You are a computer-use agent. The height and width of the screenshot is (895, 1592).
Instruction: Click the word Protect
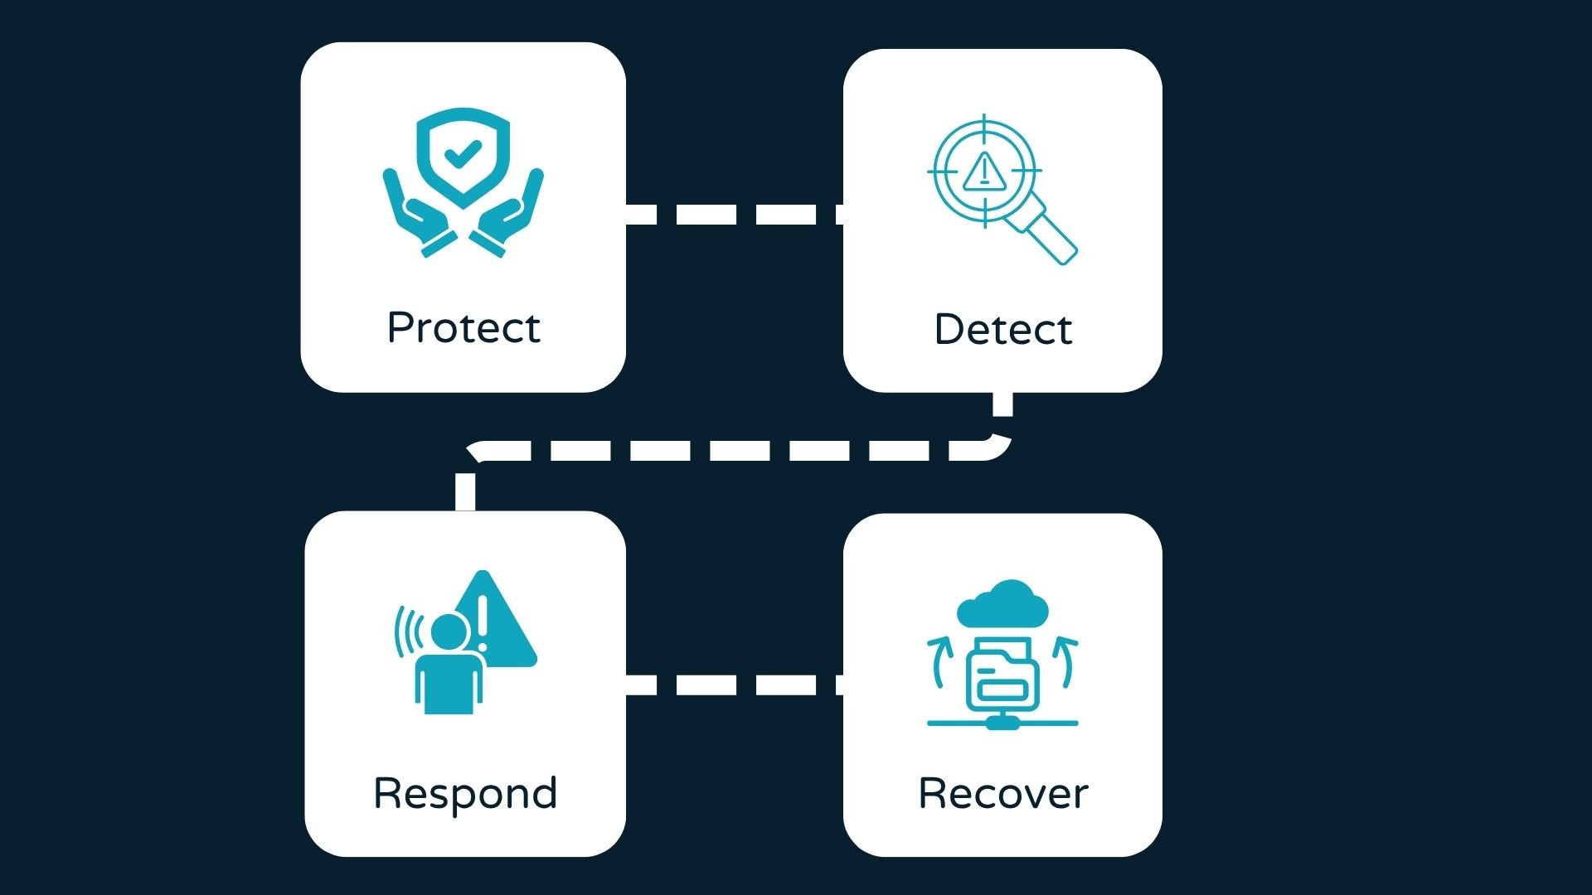coord(464,328)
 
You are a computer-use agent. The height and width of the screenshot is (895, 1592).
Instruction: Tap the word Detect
coord(1002,330)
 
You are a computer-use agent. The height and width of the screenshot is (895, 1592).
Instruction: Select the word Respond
coord(465,794)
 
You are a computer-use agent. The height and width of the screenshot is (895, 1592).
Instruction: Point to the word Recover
coord(1002,794)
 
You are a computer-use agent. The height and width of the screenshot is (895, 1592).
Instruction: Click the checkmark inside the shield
coord(462,152)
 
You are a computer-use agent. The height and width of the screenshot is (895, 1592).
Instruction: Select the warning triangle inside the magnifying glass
coord(984,172)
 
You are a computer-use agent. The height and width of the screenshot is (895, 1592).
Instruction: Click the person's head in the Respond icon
coord(449,634)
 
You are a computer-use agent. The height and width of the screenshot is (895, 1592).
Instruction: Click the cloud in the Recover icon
coord(1002,603)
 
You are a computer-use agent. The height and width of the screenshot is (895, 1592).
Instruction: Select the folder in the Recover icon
coord(1002,675)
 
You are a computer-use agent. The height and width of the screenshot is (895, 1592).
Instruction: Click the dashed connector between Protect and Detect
coord(734,214)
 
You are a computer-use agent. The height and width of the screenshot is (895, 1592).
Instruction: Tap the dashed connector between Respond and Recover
coord(734,685)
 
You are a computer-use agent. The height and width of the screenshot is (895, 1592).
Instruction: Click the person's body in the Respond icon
coord(449,684)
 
